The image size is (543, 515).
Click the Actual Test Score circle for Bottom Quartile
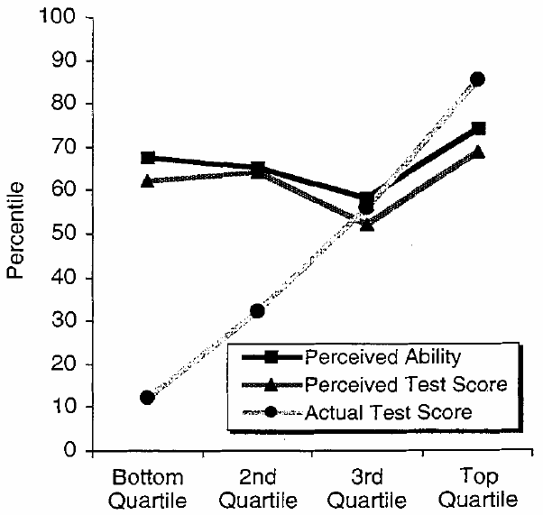147,398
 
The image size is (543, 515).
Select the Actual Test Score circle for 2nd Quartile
257,310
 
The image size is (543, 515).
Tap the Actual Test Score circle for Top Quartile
478,79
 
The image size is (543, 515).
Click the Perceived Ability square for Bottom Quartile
147,158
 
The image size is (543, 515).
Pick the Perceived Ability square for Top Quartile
479,128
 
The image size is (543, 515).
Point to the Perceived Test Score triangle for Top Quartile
479,152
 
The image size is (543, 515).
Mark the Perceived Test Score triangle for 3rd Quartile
367,224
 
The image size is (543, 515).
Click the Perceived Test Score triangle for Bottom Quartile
147,180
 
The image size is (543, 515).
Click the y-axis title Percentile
15,233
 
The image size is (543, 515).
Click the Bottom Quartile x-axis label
147,487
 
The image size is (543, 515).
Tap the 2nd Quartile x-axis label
257,487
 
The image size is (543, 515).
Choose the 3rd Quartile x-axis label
367,487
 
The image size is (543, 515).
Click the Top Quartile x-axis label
478,487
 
